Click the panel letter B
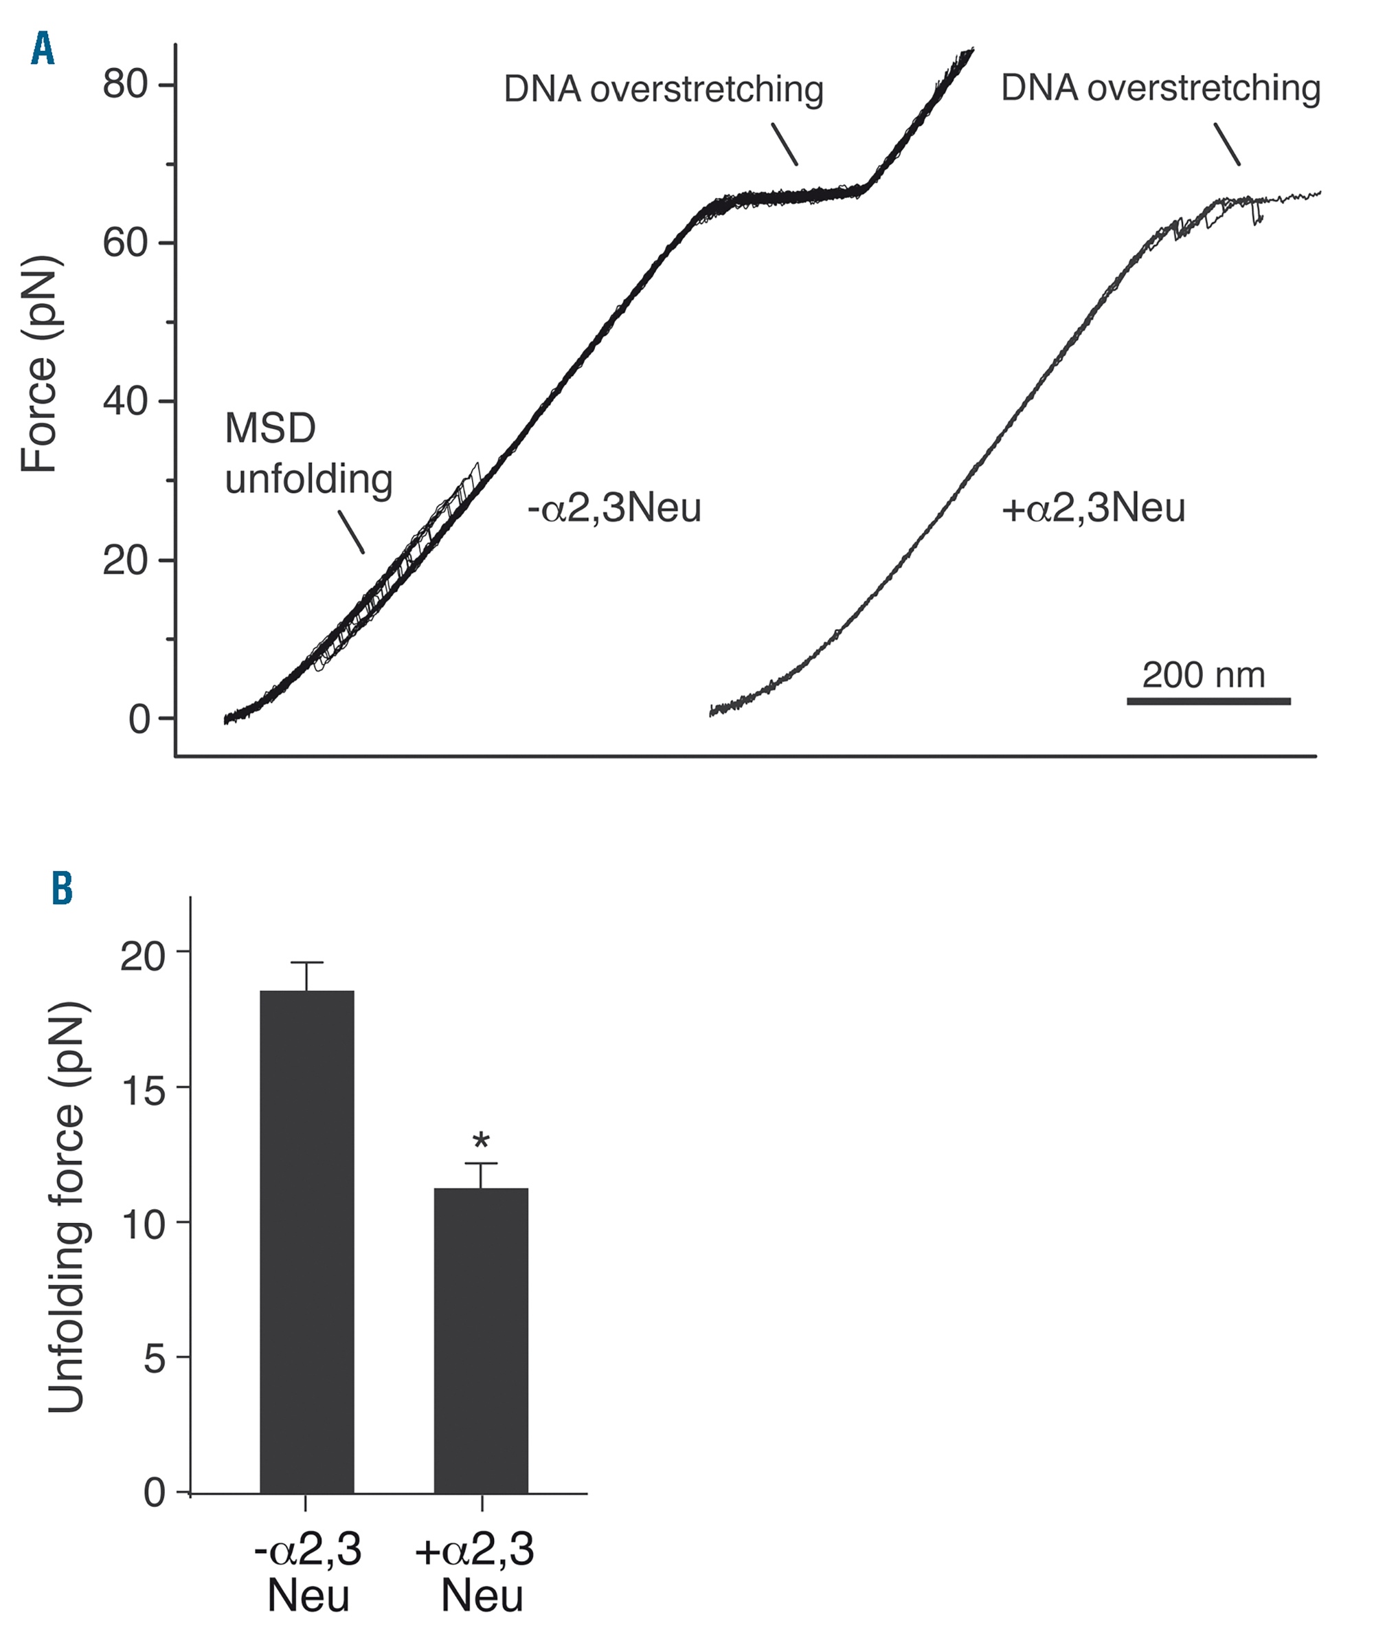click(x=62, y=889)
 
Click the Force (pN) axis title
click(x=39, y=364)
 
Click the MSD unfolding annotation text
click(x=307, y=454)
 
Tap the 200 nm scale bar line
click(x=1208, y=701)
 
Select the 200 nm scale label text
click(x=1204, y=674)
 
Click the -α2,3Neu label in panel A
click(x=615, y=509)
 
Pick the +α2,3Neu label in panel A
click(x=1093, y=509)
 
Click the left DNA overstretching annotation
click(x=663, y=89)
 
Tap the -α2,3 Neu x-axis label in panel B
click(x=307, y=1573)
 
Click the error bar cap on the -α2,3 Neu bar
click(x=306, y=962)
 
